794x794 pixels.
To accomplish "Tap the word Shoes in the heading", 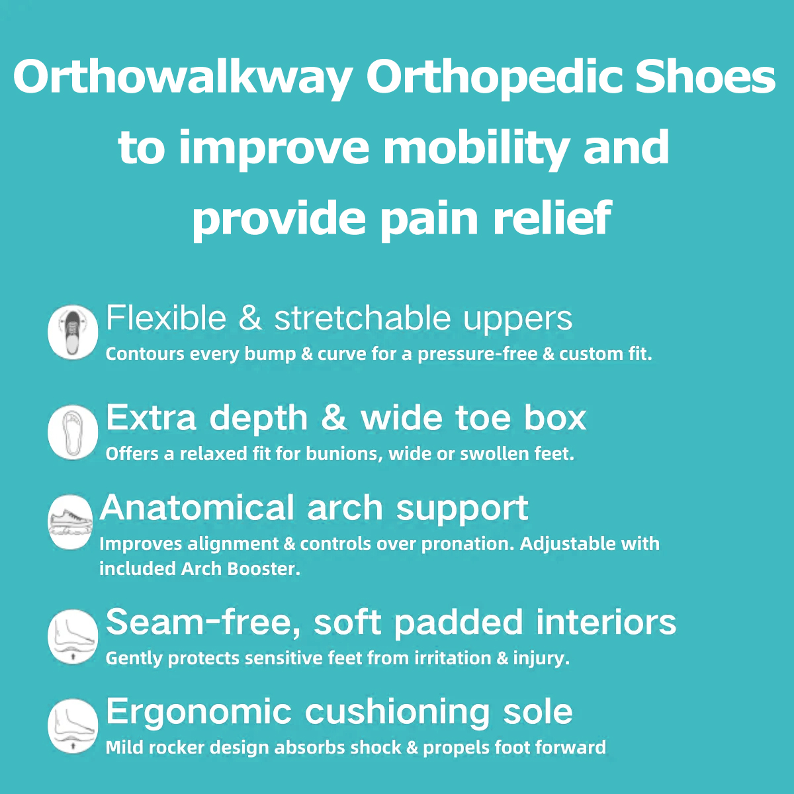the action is (705, 77).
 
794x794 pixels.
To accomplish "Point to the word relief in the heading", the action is (552, 217).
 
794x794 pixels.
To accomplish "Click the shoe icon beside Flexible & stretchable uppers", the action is (73, 332).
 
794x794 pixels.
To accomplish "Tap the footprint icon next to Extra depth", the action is (73, 432).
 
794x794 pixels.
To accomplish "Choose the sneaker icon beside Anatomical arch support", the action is (70, 522).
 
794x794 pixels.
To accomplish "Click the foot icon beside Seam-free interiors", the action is (73, 636).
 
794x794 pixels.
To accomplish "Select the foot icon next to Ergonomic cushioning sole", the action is (73, 726).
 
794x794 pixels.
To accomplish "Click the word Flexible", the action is (166, 318).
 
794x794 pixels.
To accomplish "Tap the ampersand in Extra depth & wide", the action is (333, 418).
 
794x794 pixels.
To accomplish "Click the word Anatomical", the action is (197, 507).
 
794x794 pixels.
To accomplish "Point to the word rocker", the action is (177, 748).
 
